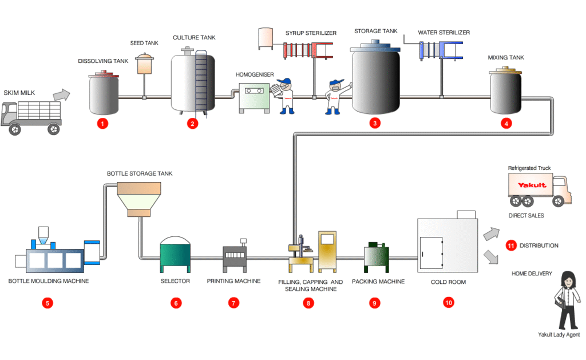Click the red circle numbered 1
coord(102,123)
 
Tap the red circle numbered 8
coord(309,303)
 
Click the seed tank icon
coord(144,64)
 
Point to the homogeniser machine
coord(253,97)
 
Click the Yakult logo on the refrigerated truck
coord(532,185)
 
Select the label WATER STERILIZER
coord(444,33)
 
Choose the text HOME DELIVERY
coord(532,274)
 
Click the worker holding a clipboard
coord(284,94)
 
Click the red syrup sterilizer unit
coord(300,50)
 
